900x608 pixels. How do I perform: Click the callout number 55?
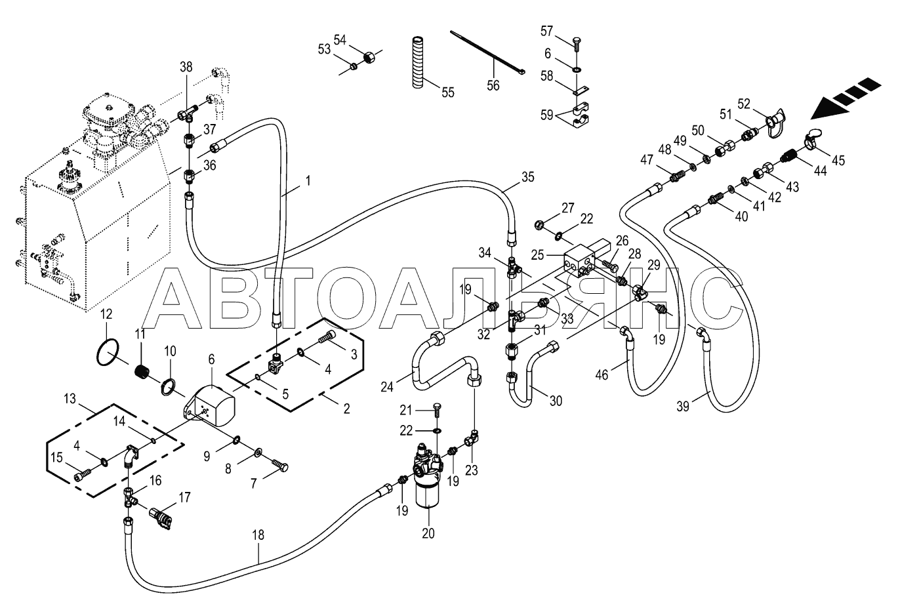447,92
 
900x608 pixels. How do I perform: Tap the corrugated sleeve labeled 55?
418,62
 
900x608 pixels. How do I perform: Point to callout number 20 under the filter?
428,533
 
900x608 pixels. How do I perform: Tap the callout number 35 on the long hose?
527,177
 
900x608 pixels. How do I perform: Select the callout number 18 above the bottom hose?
258,535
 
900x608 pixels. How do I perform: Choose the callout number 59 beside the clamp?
547,115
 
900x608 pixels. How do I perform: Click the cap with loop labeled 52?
774,123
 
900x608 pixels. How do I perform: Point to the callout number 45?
838,160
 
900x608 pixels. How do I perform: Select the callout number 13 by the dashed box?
70,399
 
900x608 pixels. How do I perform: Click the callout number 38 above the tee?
186,66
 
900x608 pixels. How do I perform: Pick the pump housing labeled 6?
209,405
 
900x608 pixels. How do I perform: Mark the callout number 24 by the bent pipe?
387,386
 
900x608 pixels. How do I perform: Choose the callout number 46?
602,375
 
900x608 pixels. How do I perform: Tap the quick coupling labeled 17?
161,517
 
